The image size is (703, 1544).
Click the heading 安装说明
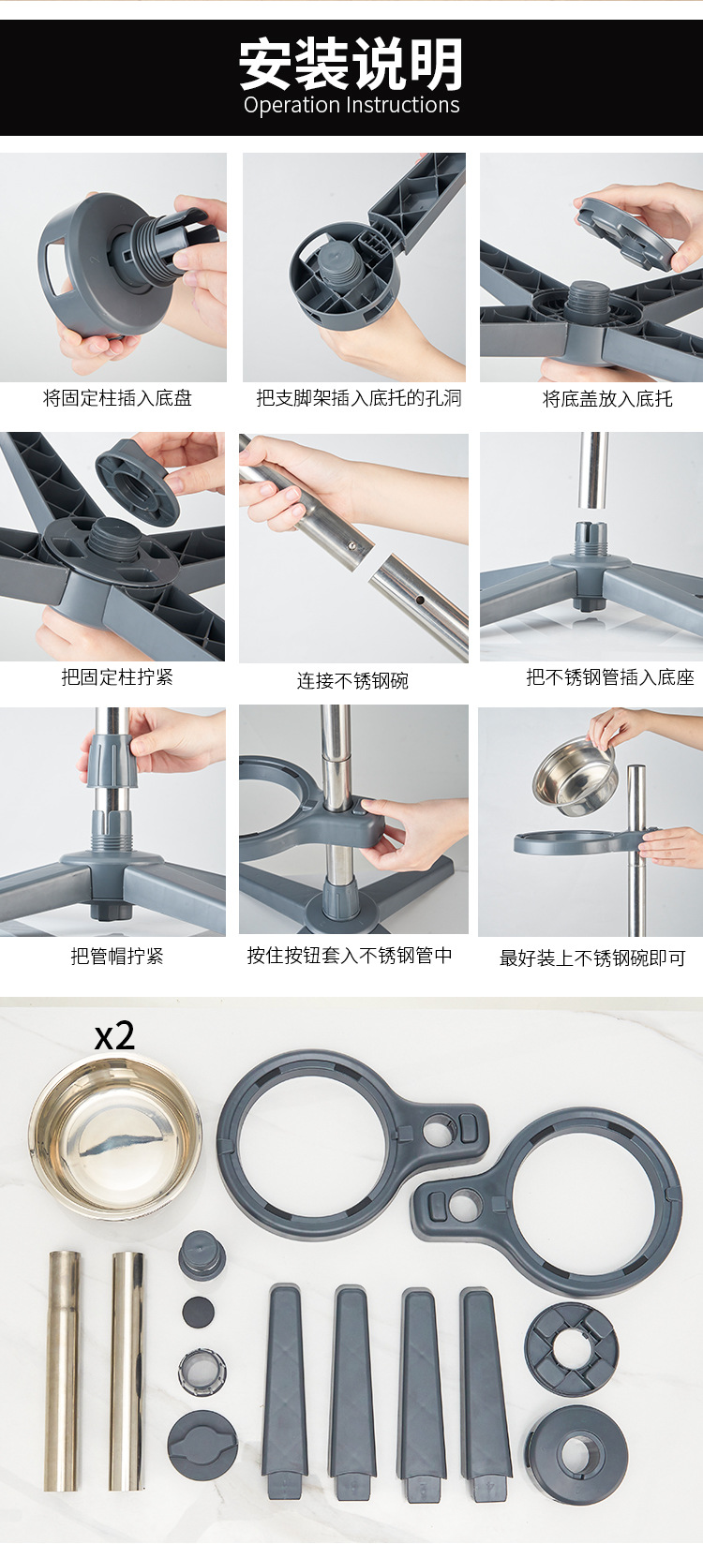tap(351, 64)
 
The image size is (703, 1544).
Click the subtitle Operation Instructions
tap(351, 106)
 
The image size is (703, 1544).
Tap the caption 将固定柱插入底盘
tap(117, 398)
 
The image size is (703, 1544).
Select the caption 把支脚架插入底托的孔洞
tap(359, 398)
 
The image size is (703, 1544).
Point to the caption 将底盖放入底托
tap(607, 399)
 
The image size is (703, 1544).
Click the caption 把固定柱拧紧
tap(117, 676)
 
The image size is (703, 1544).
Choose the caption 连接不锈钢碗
tap(352, 681)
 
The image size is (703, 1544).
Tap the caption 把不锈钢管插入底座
tap(610, 677)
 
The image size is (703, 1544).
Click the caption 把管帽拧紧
tap(117, 956)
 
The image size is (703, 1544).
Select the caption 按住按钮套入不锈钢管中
tap(350, 956)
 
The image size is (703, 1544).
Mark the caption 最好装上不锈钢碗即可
tap(592, 958)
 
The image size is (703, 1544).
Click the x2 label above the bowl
tap(114, 1036)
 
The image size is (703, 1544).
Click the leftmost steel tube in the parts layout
tap(64, 1371)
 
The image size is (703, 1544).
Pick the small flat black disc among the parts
tap(199, 1311)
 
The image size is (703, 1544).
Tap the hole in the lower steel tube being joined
tap(419, 600)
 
